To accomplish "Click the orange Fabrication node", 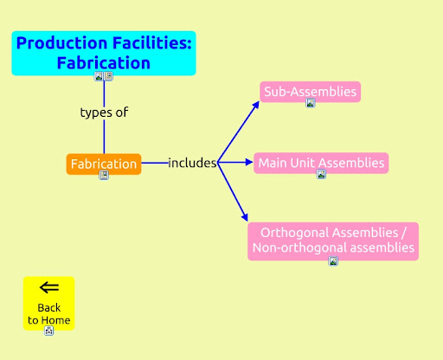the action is coord(104,164).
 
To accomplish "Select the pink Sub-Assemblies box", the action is coord(311,92).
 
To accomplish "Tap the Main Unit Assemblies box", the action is coord(321,163).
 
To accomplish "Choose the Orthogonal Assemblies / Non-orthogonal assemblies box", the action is coord(333,241).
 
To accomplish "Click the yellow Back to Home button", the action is coord(49,303).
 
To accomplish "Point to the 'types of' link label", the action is coord(104,112).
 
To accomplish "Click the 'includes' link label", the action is coord(192,163).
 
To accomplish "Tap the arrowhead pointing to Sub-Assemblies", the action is coord(255,105).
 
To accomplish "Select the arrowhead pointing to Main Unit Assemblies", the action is coord(249,162).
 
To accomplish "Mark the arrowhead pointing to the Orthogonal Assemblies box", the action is coord(244,217).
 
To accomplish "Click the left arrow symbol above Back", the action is coord(49,287).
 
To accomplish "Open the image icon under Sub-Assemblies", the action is coord(311,103).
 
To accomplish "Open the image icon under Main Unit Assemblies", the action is coord(321,174).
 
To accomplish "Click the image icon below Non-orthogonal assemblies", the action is coord(333,261).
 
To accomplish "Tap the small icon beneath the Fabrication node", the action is coord(104,175).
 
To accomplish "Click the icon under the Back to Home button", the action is coord(49,331).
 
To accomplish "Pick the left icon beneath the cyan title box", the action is coord(99,76).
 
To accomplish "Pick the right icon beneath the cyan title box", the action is coord(108,76).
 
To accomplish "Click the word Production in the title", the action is coord(62,43).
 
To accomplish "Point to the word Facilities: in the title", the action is coord(152,43).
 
